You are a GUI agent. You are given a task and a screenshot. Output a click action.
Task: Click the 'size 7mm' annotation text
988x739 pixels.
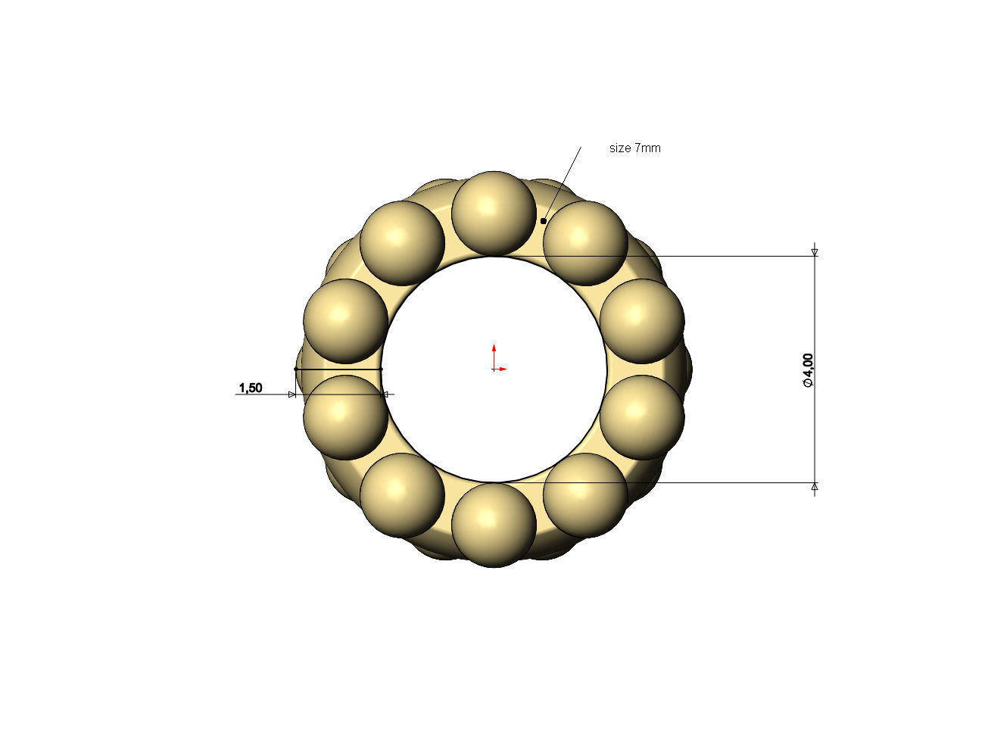634,148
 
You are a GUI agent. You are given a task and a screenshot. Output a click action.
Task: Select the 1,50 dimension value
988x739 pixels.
251,388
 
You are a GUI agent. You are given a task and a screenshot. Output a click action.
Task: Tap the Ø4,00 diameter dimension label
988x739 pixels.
808,370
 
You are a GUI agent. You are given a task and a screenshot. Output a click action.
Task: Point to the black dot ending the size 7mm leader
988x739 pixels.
543,221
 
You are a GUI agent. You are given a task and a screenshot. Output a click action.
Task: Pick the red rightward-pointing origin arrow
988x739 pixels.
501,369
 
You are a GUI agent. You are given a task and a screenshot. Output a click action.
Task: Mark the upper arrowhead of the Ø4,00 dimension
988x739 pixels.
815,252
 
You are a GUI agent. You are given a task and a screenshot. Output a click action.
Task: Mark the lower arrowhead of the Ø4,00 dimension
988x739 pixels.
815,487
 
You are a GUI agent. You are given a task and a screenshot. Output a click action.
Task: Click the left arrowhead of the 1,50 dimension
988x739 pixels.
292,394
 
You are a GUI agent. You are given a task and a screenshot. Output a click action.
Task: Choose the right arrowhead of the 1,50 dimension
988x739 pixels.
385,394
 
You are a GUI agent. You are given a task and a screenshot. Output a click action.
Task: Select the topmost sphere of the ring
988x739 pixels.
494,213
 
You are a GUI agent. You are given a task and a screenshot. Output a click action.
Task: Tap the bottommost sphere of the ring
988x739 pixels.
494,525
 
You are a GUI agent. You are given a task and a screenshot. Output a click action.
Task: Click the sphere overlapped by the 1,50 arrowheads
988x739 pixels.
345,417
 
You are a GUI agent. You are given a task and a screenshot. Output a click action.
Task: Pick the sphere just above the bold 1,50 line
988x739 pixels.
345,320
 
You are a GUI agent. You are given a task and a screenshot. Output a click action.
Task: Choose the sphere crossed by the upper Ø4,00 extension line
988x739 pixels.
585,243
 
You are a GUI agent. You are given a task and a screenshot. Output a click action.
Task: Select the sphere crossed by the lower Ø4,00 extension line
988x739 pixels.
585,494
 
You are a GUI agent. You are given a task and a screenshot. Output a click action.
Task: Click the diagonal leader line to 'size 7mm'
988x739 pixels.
563,182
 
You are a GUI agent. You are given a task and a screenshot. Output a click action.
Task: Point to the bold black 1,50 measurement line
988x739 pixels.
338,369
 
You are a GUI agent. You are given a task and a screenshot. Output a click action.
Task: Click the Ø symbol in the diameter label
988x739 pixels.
808,383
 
